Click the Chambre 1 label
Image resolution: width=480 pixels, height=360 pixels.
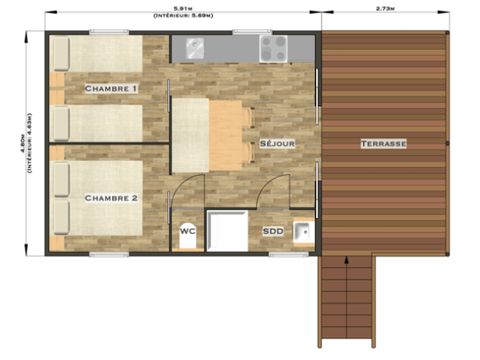click(x=110, y=89)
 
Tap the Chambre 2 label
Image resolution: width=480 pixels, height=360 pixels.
click(x=110, y=198)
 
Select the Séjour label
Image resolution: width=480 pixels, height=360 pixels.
click(x=277, y=144)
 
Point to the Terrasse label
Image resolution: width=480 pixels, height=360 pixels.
click(x=383, y=144)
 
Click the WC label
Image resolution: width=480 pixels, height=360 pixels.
click(x=187, y=230)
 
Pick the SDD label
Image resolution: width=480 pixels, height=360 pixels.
click(x=272, y=230)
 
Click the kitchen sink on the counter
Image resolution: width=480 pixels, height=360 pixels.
click(x=192, y=46)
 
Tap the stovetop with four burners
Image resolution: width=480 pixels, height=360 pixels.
click(x=272, y=47)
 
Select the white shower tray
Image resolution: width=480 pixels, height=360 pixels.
click(x=227, y=231)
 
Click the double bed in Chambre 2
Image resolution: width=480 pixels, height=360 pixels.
click(x=105, y=200)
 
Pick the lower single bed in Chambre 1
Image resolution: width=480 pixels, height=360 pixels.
click(x=105, y=122)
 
